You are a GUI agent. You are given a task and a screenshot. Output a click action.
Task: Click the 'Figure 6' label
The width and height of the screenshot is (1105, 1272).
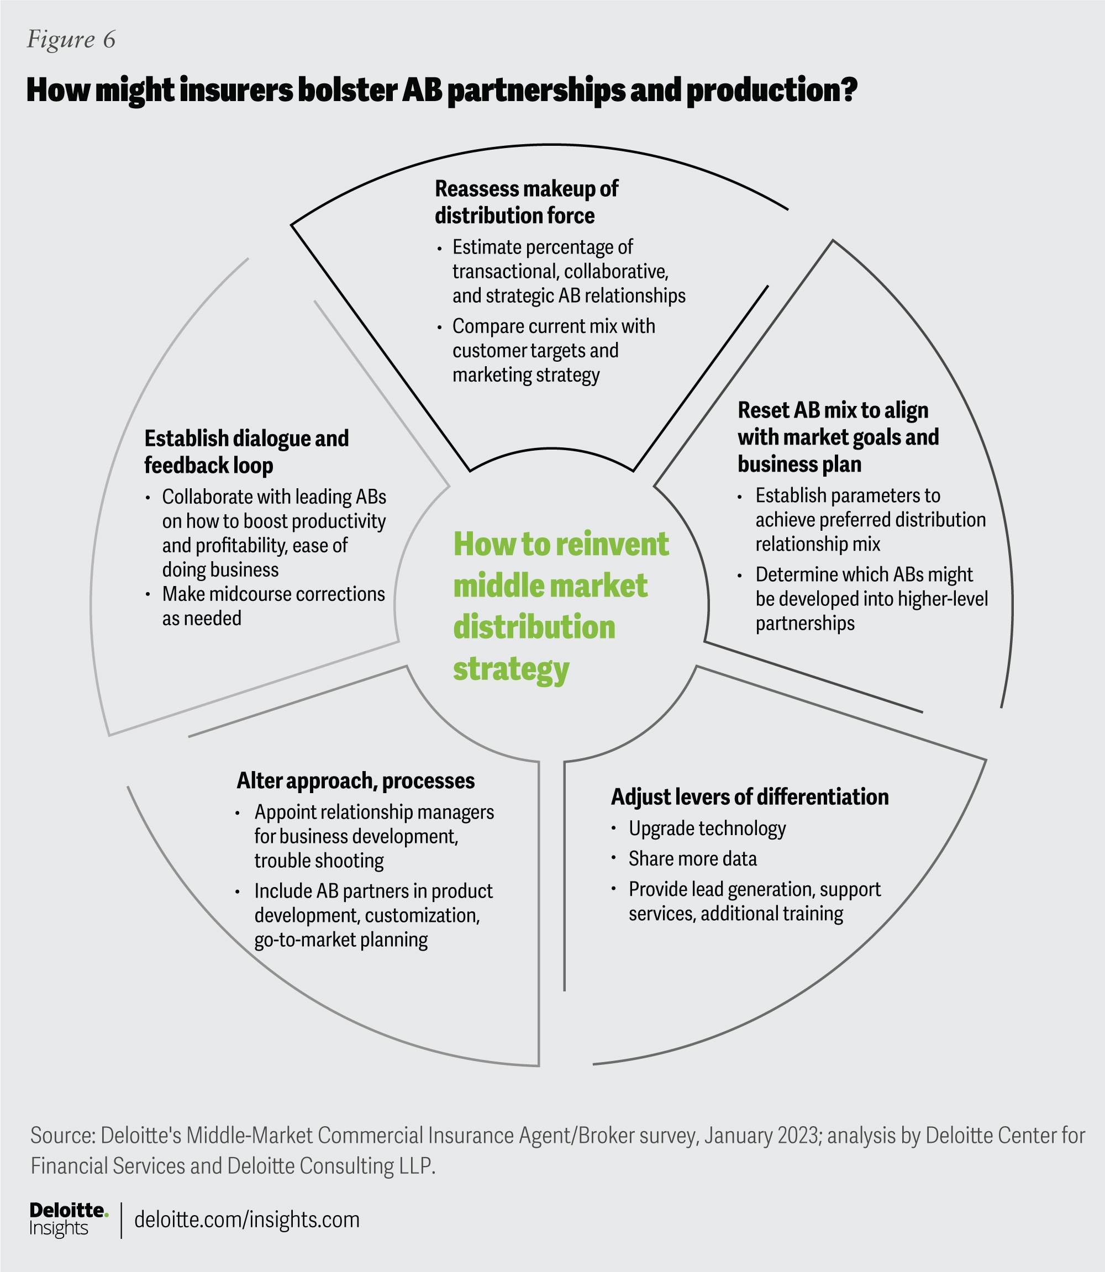[71, 40]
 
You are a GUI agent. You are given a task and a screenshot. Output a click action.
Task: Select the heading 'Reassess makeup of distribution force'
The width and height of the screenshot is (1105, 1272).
[526, 202]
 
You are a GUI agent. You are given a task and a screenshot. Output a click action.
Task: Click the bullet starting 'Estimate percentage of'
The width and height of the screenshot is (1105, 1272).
[568, 271]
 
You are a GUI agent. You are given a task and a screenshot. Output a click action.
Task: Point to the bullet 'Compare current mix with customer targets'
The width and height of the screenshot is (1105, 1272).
[553, 350]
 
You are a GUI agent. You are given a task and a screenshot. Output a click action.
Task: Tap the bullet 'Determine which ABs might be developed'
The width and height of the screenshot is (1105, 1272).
[871, 598]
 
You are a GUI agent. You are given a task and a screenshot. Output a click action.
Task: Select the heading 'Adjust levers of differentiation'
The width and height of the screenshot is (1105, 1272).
[749, 797]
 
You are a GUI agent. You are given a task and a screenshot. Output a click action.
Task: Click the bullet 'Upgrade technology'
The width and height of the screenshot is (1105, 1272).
[707, 828]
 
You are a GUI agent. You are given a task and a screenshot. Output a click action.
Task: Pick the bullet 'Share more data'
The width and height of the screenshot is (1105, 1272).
[692, 858]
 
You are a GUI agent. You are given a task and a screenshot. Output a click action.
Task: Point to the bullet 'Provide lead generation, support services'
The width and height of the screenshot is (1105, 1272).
[754, 901]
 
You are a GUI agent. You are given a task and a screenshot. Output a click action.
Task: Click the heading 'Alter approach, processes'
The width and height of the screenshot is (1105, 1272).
[355, 781]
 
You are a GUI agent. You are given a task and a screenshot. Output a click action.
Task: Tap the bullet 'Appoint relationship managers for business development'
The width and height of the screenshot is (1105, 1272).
[373, 836]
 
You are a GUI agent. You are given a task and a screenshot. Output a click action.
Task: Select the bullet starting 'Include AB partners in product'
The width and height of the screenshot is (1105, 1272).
[372, 915]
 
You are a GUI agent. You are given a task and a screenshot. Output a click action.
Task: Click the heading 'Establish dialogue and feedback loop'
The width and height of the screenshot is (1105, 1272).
[246, 452]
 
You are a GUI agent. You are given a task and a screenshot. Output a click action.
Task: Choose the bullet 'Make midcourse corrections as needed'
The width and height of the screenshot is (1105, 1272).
[272, 606]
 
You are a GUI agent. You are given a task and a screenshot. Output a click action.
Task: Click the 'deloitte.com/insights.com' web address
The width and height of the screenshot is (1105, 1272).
[246, 1220]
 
